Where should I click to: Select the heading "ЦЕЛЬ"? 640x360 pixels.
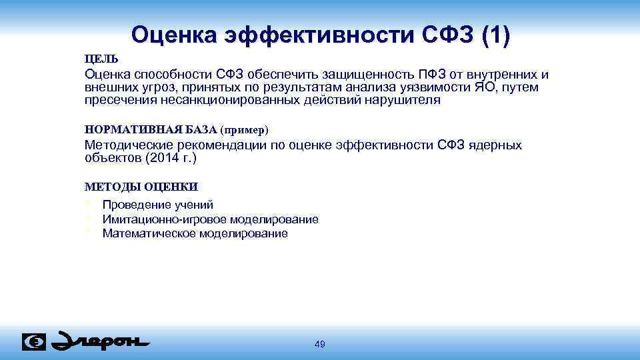(101, 59)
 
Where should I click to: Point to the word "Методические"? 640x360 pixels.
(129, 145)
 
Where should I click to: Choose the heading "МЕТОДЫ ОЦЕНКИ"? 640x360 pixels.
(141, 187)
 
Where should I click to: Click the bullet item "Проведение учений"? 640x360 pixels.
(158, 205)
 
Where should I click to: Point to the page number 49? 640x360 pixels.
(320, 344)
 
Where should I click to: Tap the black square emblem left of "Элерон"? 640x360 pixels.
(34, 341)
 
